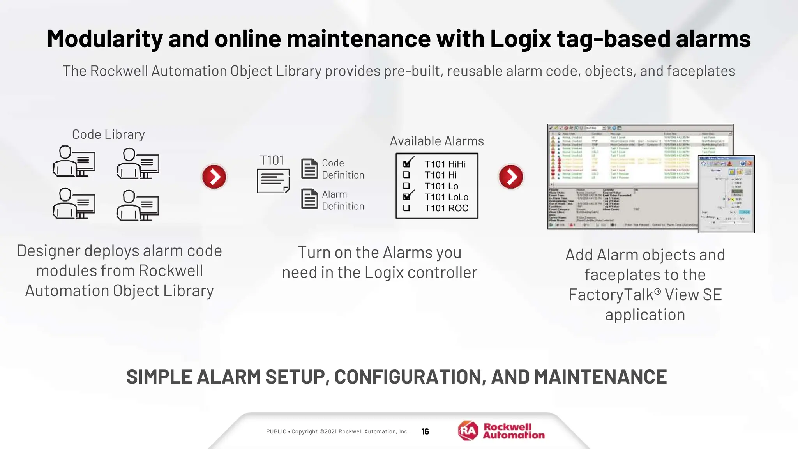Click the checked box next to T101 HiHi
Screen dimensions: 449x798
coord(406,164)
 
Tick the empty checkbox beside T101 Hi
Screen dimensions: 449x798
coord(406,175)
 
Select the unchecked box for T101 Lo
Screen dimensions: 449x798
coord(406,186)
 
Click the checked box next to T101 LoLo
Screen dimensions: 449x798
coord(406,197)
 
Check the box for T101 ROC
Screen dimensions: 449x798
coord(406,208)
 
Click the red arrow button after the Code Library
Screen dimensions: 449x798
coord(214,177)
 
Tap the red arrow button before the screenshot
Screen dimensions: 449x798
coord(511,177)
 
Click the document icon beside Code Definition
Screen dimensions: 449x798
coord(309,169)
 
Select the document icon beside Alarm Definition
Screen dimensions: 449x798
coord(309,199)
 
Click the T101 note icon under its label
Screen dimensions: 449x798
coord(273,180)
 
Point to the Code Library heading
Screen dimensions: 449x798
coord(108,134)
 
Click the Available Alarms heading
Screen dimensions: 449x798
coord(437,141)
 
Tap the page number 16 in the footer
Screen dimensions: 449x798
coord(425,431)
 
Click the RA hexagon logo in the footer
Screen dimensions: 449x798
coord(468,431)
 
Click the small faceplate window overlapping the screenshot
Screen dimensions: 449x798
coord(726,194)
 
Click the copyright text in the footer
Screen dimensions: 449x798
coord(337,431)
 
